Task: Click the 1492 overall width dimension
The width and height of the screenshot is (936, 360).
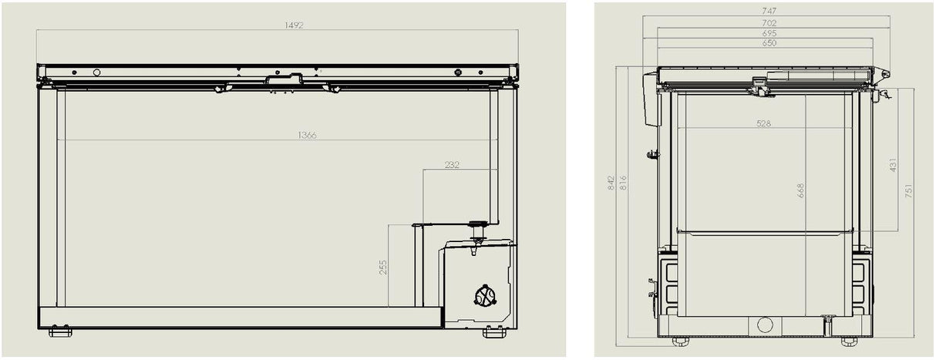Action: click(293, 25)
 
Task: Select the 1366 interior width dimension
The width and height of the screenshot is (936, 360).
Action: click(307, 135)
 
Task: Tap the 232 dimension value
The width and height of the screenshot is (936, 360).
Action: click(452, 165)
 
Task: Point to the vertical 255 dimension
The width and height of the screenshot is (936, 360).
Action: click(383, 267)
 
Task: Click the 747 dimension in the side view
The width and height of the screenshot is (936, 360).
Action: click(768, 12)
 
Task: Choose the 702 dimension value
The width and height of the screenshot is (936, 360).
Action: click(768, 23)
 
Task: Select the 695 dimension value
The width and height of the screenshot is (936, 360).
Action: click(768, 33)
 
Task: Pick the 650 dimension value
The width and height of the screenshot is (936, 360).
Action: click(768, 43)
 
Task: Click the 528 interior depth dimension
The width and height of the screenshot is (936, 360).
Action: click(764, 123)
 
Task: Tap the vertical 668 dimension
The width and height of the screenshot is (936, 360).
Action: click(800, 190)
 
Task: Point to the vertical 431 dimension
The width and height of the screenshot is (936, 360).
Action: click(894, 164)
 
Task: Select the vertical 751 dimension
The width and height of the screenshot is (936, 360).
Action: click(909, 190)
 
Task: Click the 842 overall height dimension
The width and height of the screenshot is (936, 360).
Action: click(611, 183)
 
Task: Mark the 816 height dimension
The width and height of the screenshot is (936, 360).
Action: click(623, 183)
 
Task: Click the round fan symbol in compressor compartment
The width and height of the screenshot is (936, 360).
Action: click(485, 296)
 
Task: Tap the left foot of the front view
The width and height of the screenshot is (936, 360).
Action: click(60, 331)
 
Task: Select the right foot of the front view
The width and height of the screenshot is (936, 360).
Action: click(494, 331)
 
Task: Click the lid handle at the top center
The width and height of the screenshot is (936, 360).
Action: click(285, 78)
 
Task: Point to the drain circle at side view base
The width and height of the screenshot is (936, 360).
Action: click(765, 325)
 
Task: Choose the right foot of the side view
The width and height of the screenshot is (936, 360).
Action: click(850, 340)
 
